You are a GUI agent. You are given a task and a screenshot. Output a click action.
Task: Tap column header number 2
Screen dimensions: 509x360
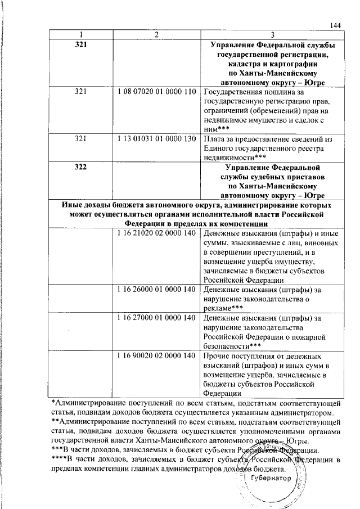(x=157, y=35)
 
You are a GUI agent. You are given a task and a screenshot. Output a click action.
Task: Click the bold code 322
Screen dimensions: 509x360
(x=81, y=168)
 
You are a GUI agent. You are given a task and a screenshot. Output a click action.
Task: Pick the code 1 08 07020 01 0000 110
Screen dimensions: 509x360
(x=157, y=92)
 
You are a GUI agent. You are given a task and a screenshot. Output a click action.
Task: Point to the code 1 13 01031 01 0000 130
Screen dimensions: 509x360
(x=157, y=139)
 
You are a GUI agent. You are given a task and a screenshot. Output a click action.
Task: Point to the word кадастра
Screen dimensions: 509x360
(x=231, y=64)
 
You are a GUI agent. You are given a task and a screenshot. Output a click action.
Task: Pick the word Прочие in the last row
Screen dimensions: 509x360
(x=217, y=356)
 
